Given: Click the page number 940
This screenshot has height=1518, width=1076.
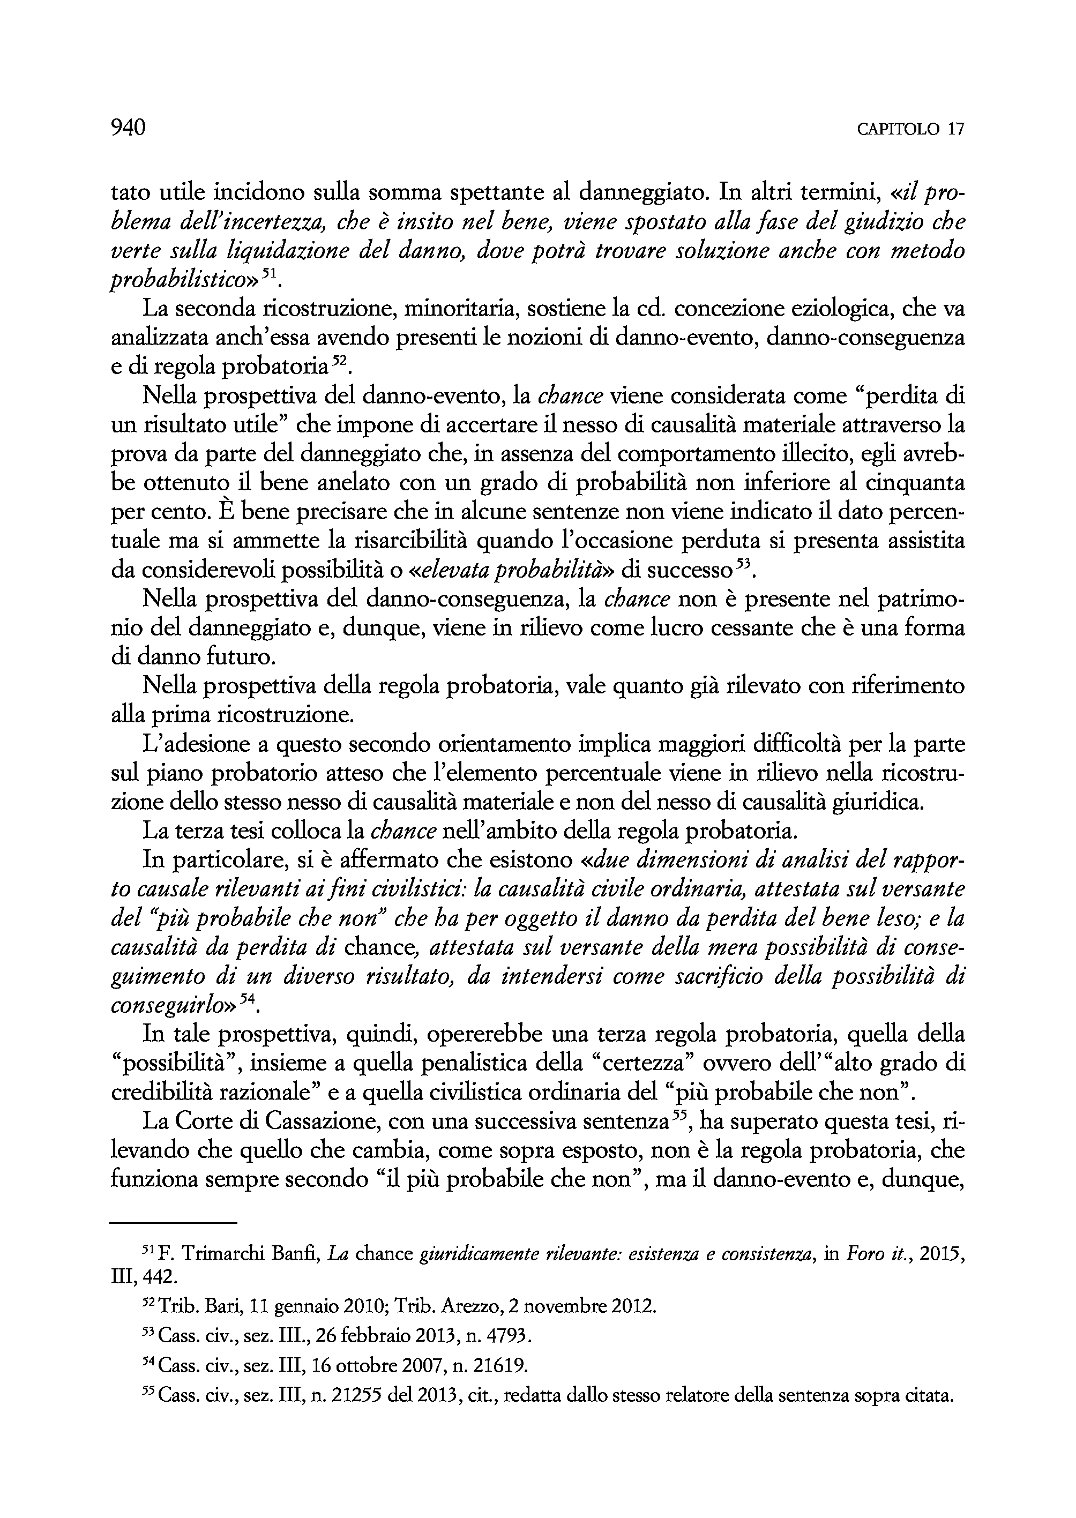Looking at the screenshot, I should (x=128, y=127).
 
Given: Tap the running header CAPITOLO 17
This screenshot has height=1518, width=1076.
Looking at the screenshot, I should (x=910, y=129).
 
